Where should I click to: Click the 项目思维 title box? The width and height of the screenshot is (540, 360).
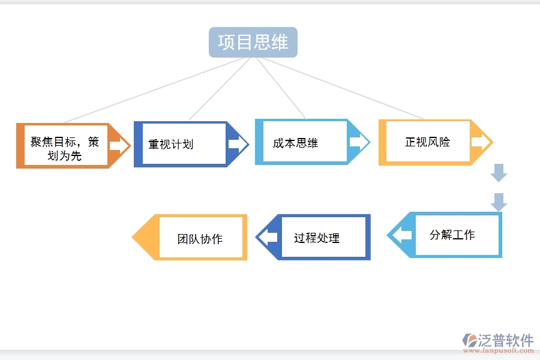point(253,42)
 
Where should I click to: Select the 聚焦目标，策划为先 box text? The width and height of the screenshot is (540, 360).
point(64,149)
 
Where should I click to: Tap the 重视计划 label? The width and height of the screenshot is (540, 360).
point(171,145)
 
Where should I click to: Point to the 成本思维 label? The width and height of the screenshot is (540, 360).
point(295,143)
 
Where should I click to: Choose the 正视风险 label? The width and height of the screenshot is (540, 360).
point(427,142)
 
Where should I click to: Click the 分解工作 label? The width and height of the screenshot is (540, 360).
point(452,235)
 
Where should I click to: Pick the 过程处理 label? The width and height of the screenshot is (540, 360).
point(317,238)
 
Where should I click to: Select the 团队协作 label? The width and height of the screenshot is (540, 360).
point(200,239)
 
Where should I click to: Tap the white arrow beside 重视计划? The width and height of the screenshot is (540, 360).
point(238,145)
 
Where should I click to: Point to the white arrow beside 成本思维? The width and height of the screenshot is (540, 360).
point(359,142)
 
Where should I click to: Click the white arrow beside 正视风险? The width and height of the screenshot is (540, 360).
point(481,142)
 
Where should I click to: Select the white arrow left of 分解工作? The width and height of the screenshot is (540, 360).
point(401,235)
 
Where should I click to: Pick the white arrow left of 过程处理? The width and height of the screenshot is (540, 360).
point(268,238)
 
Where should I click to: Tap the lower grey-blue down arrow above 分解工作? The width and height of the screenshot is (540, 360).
point(499,202)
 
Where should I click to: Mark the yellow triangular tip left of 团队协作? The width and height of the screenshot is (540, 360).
point(144,238)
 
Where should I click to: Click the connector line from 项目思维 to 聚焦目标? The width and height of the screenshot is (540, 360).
point(150,91)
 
